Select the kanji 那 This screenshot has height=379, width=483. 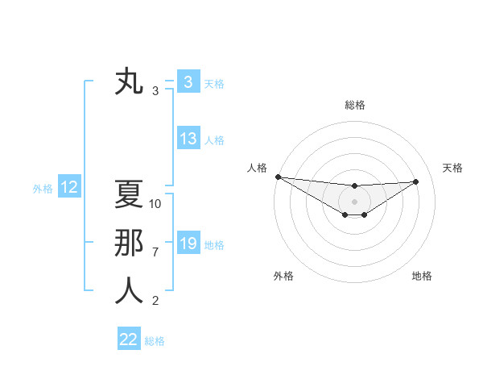129,244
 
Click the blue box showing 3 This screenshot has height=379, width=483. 188,82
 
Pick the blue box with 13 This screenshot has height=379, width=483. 188,139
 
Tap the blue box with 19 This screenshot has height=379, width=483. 188,244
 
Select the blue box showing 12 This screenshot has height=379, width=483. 69,188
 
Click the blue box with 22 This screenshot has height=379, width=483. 129,339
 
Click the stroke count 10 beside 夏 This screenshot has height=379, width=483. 156,204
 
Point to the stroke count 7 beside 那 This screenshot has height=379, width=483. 155,252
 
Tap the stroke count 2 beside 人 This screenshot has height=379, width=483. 155,301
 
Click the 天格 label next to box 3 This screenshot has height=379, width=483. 214,83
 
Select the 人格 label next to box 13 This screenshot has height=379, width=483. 214,140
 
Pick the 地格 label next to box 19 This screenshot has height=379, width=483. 214,244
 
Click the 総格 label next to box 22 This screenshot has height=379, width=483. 155,341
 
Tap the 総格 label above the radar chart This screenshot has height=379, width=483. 354,105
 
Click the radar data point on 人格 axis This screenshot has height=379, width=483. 278,177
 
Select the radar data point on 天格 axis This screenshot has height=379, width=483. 416,181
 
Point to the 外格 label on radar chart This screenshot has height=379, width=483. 283,276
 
